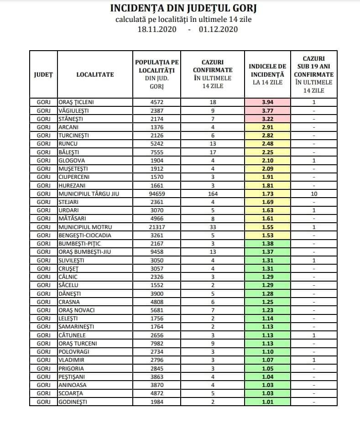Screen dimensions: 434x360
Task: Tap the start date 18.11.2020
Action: point(157,29)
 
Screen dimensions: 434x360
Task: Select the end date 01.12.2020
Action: point(219,29)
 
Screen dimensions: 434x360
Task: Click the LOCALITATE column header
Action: point(95,74)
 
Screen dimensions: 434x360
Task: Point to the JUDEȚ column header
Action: point(43,74)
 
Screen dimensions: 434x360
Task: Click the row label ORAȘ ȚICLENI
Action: point(79,102)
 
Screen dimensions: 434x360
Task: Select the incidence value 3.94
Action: point(267,102)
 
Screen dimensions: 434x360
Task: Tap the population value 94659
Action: point(157,193)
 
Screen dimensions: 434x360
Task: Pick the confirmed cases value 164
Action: point(213,193)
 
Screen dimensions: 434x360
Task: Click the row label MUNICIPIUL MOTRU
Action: point(83,227)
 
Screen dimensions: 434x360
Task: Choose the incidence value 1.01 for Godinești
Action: point(267,402)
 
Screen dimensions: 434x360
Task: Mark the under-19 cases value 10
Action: point(314,193)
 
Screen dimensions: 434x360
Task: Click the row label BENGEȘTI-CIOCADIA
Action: point(85,235)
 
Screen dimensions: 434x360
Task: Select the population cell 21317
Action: point(157,227)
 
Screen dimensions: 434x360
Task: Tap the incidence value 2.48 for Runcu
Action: point(267,144)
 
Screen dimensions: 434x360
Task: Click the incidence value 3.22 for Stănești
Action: point(267,119)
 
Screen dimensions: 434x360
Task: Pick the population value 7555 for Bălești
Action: point(157,152)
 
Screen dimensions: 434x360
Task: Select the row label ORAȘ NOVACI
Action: point(77,310)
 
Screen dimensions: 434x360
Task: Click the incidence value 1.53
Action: point(267,235)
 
